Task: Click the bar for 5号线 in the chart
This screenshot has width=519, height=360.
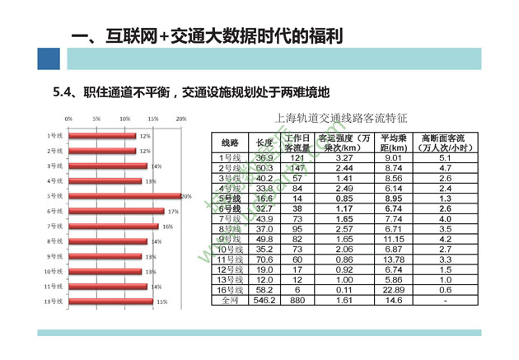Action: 124,196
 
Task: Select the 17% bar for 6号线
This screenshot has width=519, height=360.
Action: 116,211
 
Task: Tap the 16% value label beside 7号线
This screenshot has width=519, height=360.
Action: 166,226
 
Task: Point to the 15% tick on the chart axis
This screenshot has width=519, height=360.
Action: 153,119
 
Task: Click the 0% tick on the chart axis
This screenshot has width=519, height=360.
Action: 68,119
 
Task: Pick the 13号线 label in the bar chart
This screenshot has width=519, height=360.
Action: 54,302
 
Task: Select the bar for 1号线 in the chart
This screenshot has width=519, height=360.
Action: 102,136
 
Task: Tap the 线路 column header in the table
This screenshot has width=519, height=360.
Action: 230,143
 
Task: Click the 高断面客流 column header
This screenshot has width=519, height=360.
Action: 444,143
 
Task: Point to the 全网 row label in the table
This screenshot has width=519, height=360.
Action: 230,302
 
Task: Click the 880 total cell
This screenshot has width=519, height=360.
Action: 297,302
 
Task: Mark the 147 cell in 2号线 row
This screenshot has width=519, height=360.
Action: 297,167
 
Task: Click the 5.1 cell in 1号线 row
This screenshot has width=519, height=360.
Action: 444,157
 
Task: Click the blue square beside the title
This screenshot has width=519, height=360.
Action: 49,58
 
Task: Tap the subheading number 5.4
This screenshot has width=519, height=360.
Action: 63,91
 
